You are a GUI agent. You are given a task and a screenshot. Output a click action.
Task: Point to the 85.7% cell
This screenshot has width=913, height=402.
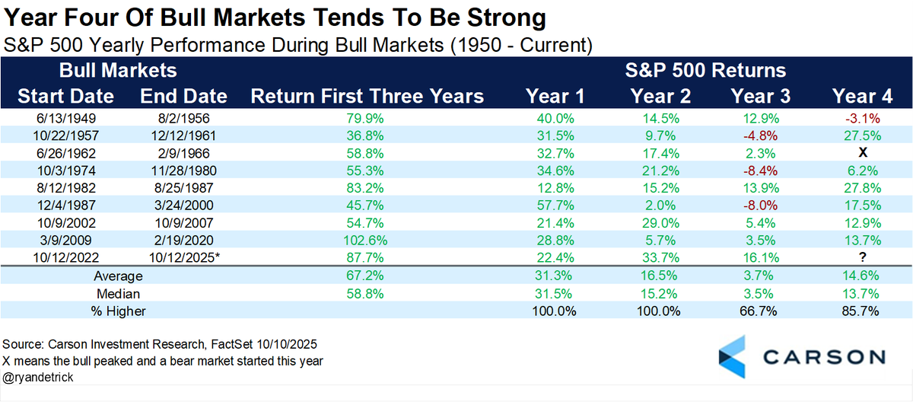point(861,311)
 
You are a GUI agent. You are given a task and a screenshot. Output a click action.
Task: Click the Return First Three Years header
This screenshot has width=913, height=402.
point(367,96)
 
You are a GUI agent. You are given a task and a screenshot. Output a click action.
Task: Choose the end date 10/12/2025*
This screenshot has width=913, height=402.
point(183,258)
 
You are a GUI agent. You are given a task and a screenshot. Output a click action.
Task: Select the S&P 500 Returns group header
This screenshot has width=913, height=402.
point(707,71)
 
